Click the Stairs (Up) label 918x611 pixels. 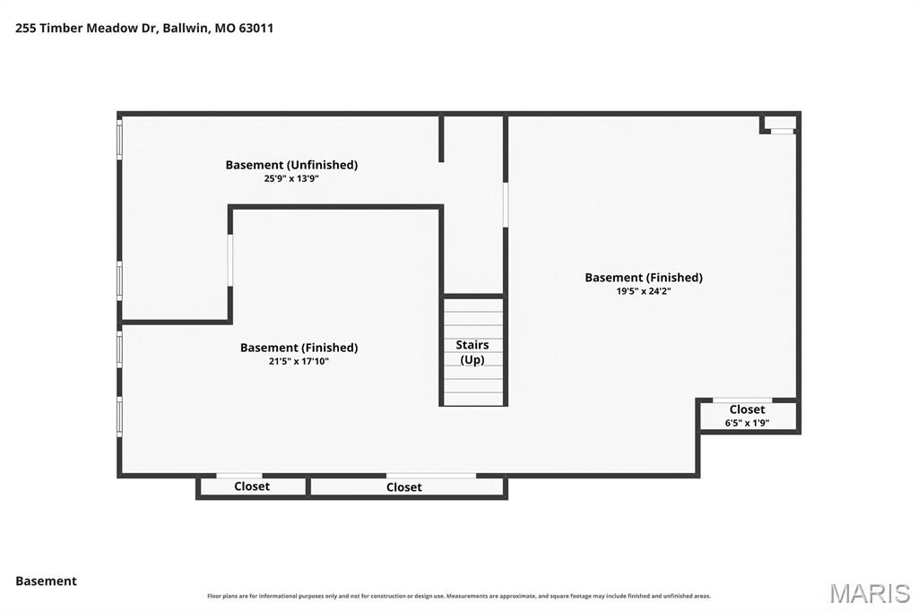click(x=472, y=352)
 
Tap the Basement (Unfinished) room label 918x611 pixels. click(x=291, y=165)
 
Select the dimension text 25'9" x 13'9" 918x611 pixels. click(x=291, y=178)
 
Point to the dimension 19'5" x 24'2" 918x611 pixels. click(x=644, y=291)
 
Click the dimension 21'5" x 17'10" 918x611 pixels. click(x=299, y=361)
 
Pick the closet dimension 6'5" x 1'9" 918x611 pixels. click(x=747, y=423)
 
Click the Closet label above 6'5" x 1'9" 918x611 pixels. click(x=747, y=409)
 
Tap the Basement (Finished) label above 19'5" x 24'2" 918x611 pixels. click(x=644, y=278)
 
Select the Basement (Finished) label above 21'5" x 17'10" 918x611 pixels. click(x=299, y=348)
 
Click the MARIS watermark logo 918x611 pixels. click(x=870, y=593)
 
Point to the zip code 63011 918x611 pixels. click(x=255, y=28)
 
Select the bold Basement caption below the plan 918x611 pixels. click(x=47, y=581)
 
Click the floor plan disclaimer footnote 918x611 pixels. click(x=459, y=596)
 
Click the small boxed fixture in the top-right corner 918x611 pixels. click(x=779, y=124)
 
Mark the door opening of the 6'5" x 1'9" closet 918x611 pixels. click(x=742, y=400)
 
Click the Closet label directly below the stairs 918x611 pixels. click(x=404, y=487)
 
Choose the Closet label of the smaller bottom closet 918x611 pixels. click(x=252, y=486)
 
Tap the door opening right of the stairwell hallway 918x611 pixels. click(x=506, y=204)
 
